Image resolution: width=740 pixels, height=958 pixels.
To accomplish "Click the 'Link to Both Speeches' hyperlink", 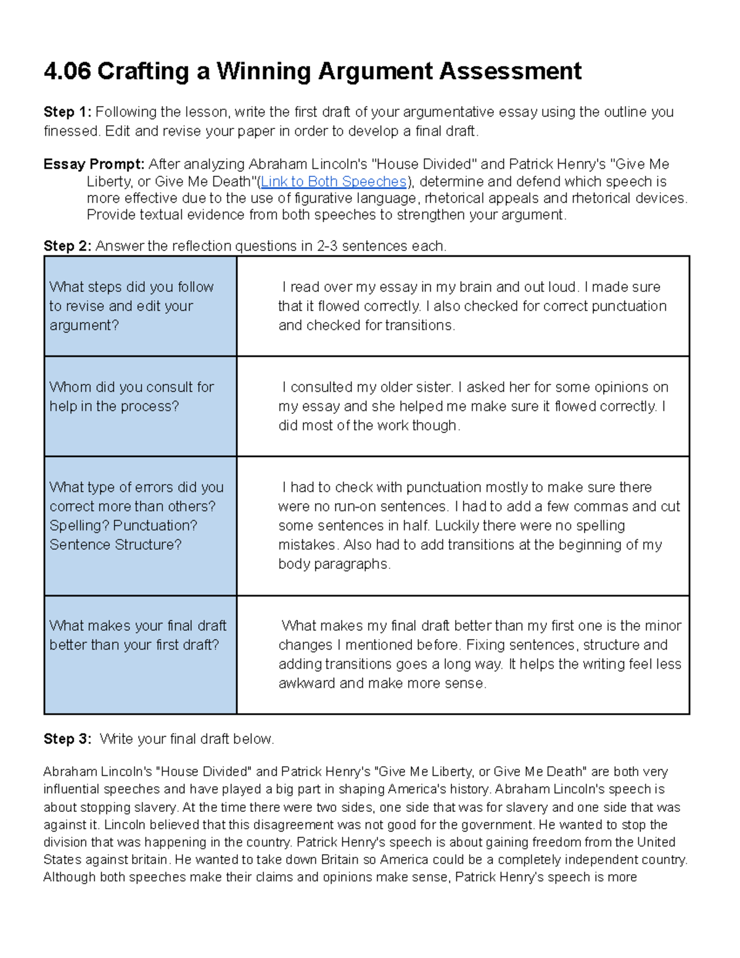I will pyautogui.click(x=334, y=181).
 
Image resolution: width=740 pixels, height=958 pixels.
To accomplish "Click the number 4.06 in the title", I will pyautogui.click(x=67, y=71).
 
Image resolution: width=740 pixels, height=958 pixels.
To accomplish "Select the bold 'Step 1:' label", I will pyautogui.click(x=67, y=112).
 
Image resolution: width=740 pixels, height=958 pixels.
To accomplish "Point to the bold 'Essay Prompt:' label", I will pyautogui.click(x=94, y=164).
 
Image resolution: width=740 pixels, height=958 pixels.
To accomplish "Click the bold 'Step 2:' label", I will pyautogui.click(x=67, y=246).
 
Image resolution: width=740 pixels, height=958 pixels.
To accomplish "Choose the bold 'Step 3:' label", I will pyautogui.click(x=67, y=739).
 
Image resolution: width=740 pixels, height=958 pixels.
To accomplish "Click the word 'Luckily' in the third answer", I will pyautogui.click(x=456, y=526).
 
